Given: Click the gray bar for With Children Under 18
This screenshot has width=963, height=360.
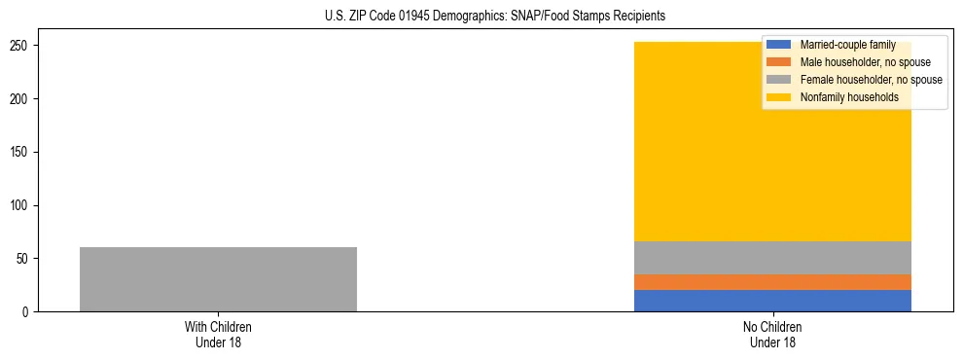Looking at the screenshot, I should pyautogui.click(x=218, y=279).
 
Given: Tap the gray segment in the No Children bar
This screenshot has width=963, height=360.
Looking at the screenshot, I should pyautogui.click(x=772, y=258).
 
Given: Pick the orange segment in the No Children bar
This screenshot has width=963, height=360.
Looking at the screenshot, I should pyautogui.click(x=772, y=282).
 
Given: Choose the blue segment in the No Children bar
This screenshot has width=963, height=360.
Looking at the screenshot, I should pyautogui.click(x=772, y=301).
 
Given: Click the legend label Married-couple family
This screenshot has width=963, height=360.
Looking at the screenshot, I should pyautogui.click(x=847, y=45).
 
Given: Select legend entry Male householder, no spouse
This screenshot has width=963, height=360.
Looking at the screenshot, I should pyautogui.click(x=865, y=62).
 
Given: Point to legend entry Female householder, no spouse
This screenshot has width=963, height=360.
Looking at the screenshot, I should pyautogui.click(x=871, y=80).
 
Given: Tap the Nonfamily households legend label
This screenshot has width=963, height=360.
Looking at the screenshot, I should pyautogui.click(x=849, y=97).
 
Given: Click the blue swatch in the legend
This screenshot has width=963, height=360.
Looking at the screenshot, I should pyautogui.click(x=779, y=45).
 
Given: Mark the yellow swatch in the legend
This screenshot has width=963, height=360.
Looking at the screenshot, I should pyautogui.click(x=779, y=97).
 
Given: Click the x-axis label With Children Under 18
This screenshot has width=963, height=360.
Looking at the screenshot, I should pyautogui.click(x=218, y=335).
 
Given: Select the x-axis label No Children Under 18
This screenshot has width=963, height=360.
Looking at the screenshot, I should pyautogui.click(x=772, y=335).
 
